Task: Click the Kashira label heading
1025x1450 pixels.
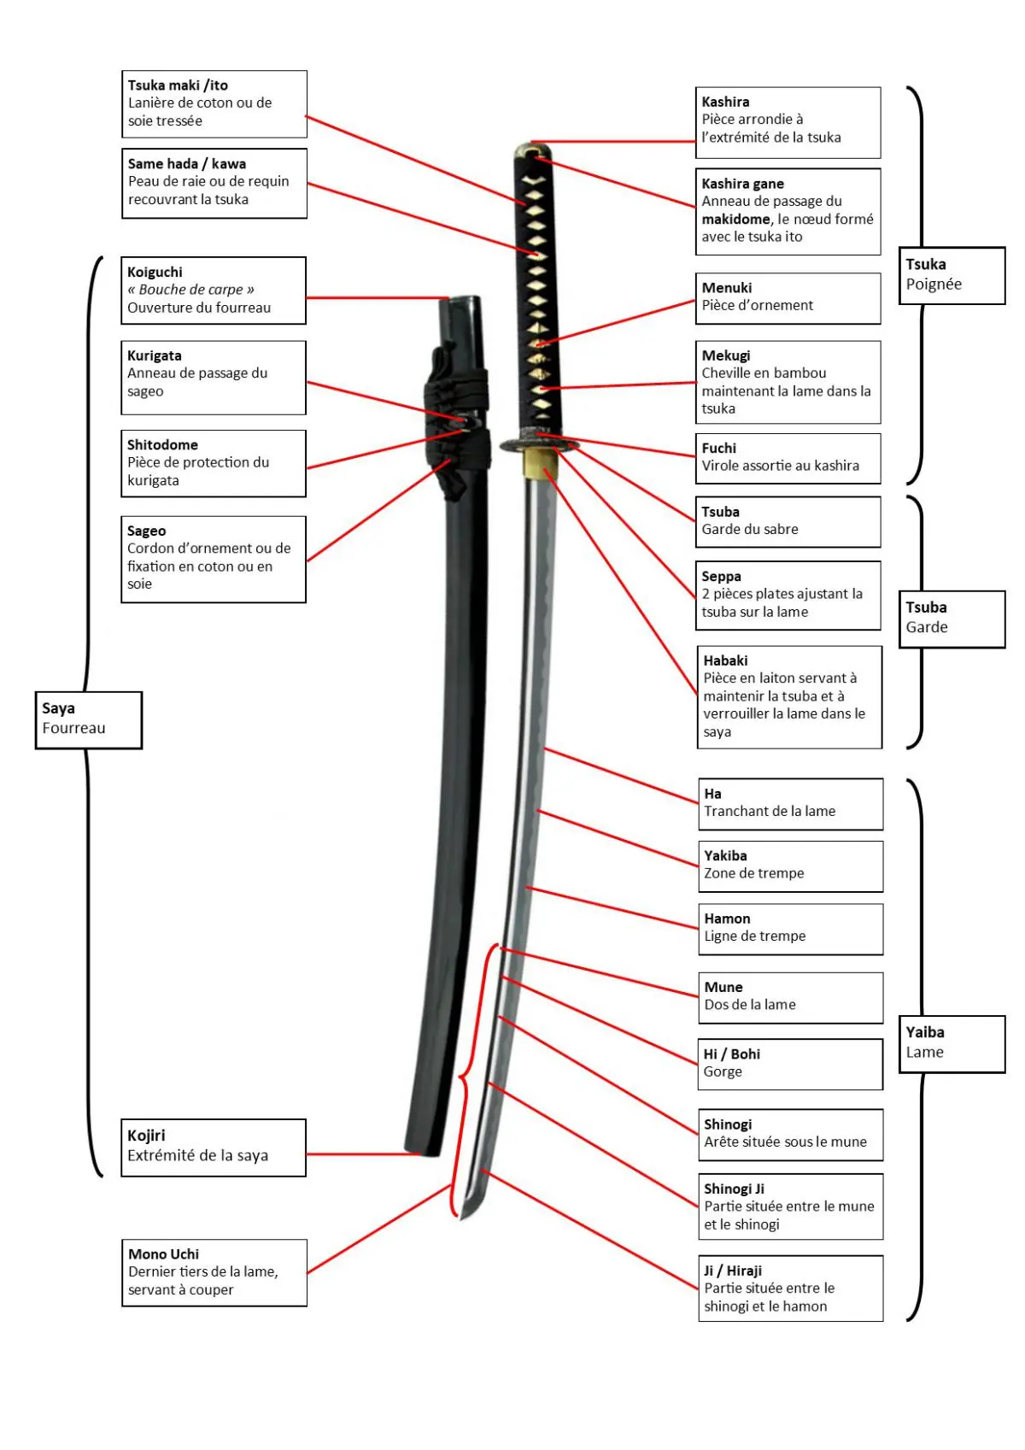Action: click(x=725, y=102)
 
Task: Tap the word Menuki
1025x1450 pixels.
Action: click(x=727, y=288)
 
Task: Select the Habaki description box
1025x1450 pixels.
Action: click(x=788, y=697)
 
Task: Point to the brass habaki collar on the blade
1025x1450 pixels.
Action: click(x=540, y=462)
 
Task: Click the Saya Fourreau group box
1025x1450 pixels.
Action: click(x=88, y=719)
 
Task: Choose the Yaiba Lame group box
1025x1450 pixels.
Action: click(x=951, y=1043)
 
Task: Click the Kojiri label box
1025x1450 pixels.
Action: click(x=213, y=1147)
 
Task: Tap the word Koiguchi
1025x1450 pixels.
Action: click(x=155, y=273)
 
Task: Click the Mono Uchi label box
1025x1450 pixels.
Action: click(x=214, y=1272)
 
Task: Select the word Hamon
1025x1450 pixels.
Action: click(x=727, y=919)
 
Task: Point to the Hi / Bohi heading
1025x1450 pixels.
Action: click(x=732, y=1054)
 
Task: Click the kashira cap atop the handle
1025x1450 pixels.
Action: click(x=531, y=150)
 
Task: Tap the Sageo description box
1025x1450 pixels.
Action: click(x=213, y=559)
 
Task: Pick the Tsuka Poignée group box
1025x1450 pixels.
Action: click(x=951, y=275)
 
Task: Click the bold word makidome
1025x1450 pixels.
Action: click(x=735, y=220)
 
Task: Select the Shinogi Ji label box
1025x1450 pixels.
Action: click(x=789, y=1206)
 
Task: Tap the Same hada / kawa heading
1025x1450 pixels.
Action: click(x=187, y=164)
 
